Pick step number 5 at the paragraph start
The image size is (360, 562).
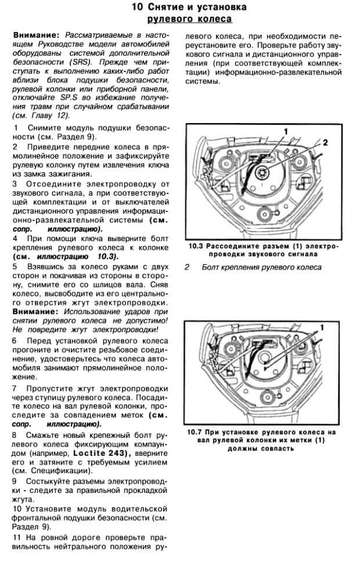pos(15,266)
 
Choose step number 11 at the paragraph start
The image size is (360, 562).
pos(17,538)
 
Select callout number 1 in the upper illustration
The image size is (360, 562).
pos(285,132)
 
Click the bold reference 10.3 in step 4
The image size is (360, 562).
pos(105,256)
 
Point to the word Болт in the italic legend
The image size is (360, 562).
pos(212,267)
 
